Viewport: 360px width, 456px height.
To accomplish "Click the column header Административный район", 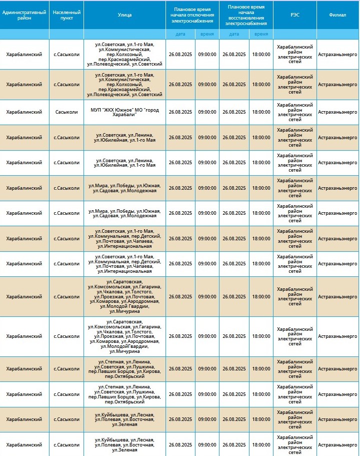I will pyautogui.click(x=24, y=15).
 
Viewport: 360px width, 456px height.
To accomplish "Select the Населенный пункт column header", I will pyautogui.click(x=66, y=15).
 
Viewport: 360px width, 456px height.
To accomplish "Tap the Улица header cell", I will pyautogui.click(x=124, y=15).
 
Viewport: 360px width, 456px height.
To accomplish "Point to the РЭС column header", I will pyautogui.click(x=295, y=15).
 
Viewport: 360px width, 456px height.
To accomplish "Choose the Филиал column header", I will pyautogui.click(x=337, y=15).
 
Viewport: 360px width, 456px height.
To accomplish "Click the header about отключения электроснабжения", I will pyautogui.click(x=192, y=15).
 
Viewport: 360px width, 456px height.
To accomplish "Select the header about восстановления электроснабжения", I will pyautogui.click(x=246, y=15).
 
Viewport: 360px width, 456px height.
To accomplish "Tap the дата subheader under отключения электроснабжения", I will pyautogui.click(x=180, y=34).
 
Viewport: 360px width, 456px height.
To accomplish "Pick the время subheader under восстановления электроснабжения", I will pyautogui.click(x=261, y=34).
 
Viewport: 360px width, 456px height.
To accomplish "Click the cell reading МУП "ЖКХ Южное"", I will pyautogui.click(x=124, y=112).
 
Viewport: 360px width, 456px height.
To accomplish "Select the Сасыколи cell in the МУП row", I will pyautogui.click(x=66, y=112).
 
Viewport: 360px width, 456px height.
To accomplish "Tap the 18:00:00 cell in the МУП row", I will pyautogui.click(x=261, y=112).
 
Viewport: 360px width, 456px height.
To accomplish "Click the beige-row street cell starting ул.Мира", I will pyautogui.click(x=124, y=188).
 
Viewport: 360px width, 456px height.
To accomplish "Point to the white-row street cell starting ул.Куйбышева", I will pyautogui.click(x=124, y=444).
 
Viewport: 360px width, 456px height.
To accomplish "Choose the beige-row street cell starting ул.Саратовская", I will pyautogui.click(x=124, y=296).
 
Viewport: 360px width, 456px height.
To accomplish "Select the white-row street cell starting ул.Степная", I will pyautogui.click(x=124, y=394).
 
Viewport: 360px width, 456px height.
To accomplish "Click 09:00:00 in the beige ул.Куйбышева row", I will pyautogui.click(x=207, y=419).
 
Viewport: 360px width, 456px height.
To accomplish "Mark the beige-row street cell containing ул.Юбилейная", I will pyautogui.click(x=124, y=137).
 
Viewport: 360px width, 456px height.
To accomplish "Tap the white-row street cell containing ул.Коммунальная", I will pyautogui.click(x=124, y=264).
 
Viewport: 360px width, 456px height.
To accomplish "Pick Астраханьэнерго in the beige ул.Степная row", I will pyautogui.click(x=337, y=369).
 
